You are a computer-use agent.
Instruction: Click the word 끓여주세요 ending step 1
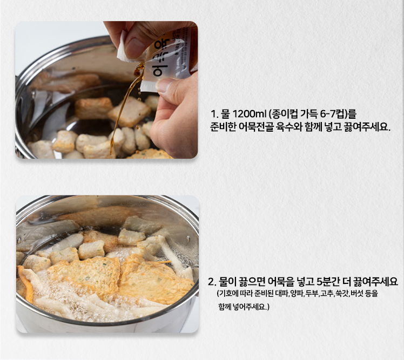pyautogui.click(x=366, y=127)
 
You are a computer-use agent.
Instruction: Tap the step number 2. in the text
pyautogui.click(x=212, y=282)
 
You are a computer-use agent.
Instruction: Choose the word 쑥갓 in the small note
pyautogui.click(x=342, y=293)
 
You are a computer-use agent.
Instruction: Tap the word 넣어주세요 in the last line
pyautogui.click(x=249, y=307)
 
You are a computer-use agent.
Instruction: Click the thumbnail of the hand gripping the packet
pyautogui.click(x=106, y=90)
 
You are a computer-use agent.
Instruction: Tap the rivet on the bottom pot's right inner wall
pyautogui.click(x=188, y=239)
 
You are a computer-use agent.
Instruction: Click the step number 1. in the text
pyautogui.click(x=214, y=113)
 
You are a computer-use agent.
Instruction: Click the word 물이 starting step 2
pyautogui.click(x=227, y=282)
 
